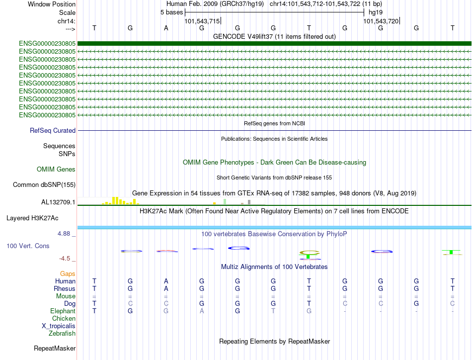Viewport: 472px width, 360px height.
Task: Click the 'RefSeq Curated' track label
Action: [52, 131]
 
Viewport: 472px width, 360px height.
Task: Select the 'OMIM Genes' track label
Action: [56, 170]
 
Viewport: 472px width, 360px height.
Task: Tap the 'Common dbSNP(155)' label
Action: [44, 185]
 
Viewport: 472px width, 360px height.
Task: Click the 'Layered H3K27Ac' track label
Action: [32, 218]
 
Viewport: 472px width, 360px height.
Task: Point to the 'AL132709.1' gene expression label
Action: [58, 202]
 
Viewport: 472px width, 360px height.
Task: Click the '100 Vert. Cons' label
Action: [28, 246]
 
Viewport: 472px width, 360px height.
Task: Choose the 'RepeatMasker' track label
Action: [54, 349]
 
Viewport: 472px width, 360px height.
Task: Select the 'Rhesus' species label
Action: [65, 289]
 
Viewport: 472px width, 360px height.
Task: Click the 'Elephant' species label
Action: [63, 311]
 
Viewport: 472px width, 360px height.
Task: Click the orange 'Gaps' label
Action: [68, 274]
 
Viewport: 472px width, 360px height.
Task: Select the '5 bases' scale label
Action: [171, 12]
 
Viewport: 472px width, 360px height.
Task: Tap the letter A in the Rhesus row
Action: [166, 289]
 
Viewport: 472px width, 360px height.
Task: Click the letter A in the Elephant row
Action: [202, 311]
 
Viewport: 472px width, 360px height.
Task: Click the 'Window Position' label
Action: [52, 4]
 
